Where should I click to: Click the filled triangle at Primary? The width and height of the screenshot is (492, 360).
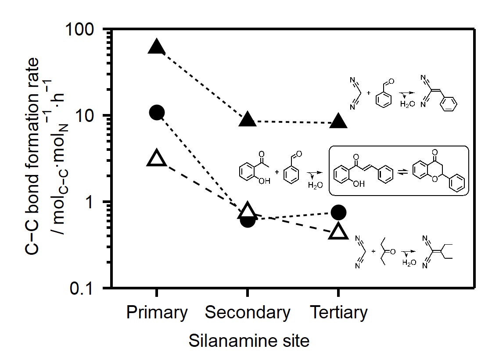pyautogui.click(x=157, y=46)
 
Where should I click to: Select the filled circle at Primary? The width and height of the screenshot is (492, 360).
pyautogui.click(x=157, y=112)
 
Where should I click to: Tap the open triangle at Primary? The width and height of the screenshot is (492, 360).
pyautogui.click(x=157, y=158)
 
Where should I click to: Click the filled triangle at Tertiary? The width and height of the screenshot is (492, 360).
pyautogui.click(x=338, y=121)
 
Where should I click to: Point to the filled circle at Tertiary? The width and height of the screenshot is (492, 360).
pyautogui.click(x=338, y=212)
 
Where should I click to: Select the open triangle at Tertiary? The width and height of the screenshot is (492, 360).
pyautogui.click(x=338, y=232)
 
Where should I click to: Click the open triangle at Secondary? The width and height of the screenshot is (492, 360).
pyautogui.click(x=248, y=211)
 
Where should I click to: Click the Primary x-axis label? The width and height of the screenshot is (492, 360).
pyautogui.click(x=157, y=313)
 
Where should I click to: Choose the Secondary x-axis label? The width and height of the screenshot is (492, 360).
pyautogui.click(x=248, y=313)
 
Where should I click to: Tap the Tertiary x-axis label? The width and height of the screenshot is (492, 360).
pyautogui.click(x=338, y=313)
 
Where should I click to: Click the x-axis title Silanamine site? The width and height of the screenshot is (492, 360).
pyautogui.click(x=249, y=341)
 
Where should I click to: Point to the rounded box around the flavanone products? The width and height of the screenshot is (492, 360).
pyautogui.click(x=399, y=170)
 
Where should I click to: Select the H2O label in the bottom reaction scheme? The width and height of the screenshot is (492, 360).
pyautogui.click(x=409, y=262)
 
